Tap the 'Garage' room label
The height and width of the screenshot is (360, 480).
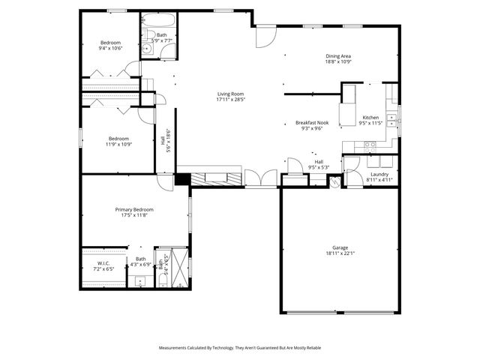(340, 247)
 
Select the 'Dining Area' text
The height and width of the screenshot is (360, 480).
(338, 56)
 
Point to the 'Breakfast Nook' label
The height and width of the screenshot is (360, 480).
(312, 122)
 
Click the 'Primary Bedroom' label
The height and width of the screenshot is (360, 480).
(134, 209)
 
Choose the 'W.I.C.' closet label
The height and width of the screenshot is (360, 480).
(103, 262)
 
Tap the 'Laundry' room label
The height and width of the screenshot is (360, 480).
(379, 174)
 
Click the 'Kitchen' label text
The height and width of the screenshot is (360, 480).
(370, 118)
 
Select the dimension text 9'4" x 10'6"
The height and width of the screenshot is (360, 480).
(110, 48)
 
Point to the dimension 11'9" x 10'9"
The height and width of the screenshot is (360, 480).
(118, 143)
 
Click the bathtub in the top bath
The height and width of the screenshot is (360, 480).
(158, 20)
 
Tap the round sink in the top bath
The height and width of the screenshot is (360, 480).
(147, 50)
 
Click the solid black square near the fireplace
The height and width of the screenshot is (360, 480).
(181, 179)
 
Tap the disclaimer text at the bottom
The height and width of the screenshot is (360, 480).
(240, 348)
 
